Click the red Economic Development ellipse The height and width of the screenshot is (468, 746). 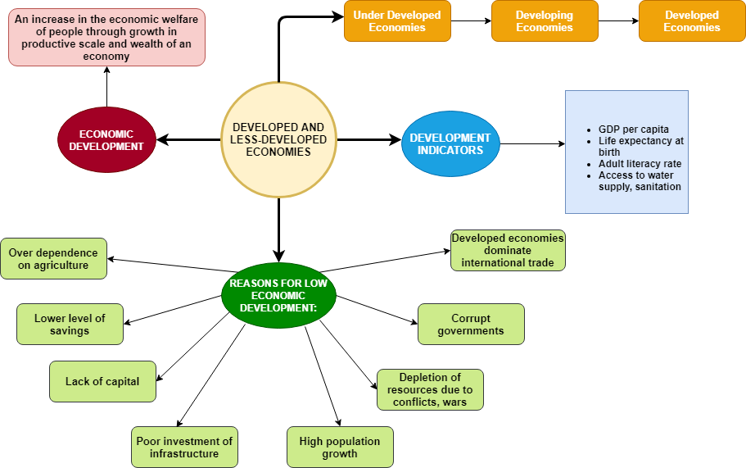pyautogui.click(x=106, y=140)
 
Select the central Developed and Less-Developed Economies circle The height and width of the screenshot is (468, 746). pyautogui.click(x=278, y=139)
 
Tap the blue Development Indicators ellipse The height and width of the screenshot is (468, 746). pyautogui.click(x=450, y=143)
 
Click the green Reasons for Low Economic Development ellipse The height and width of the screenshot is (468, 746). pyautogui.click(x=278, y=295)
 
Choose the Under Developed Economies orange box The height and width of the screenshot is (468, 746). pyautogui.click(x=397, y=21)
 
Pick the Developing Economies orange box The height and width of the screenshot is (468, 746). pyautogui.click(x=545, y=21)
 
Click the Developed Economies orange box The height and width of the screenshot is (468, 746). pyautogui.click(x=692, y=21)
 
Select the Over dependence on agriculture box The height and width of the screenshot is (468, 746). pyautogui.click(x=53, y=259)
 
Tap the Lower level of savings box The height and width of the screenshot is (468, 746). pyautogui.click(x=70, y=325)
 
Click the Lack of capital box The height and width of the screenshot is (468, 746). pyautogui.click(x=102, y=382)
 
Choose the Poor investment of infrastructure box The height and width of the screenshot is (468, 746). pyautogui.click(x=184, y=448)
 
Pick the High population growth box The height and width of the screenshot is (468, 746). pyautogui.click(x=340, y=448)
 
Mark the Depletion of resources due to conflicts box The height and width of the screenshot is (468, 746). pyautogui.click(x=430, y=390)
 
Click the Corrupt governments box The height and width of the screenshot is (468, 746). pyautogui.click(x=471, y=325)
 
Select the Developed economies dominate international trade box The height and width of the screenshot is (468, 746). pyautogui.click(x=508, y=251)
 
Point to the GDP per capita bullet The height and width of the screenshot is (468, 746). pyautogui.click(x=633, y=129)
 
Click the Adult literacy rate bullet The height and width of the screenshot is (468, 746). pyautogui.click(x=640, y=164)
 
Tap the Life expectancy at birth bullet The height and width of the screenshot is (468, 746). pyautogui.click(x=640, y=147)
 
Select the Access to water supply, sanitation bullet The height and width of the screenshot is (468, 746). pyautogui.click(x=640, y=181)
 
